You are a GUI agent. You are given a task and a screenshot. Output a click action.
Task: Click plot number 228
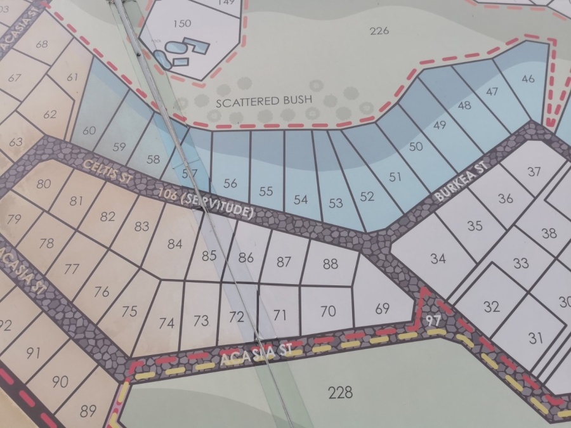[340, 392]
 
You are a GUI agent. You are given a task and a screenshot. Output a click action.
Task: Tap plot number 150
[181, 24]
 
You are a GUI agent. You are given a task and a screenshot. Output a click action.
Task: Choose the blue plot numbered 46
[527, 79]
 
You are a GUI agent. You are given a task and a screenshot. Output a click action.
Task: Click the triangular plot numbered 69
[382, 309]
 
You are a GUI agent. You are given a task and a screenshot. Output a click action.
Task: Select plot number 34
[438, 258]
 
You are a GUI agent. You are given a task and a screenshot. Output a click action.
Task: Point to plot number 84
[174, 245]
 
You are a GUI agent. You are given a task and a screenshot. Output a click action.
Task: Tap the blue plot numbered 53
[336, 203]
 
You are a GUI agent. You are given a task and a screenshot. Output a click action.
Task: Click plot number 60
[89, 131]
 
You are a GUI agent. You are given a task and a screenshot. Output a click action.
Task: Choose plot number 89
[88, 411]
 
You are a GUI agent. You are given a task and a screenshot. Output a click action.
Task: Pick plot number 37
[534, 171]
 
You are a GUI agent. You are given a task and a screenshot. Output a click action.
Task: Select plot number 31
[536, 338]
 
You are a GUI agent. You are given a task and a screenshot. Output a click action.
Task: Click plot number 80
[44, 185]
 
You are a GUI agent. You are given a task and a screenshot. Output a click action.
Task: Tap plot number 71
[280, 314]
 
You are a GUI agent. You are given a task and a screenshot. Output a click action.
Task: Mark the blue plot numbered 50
[416, 147]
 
